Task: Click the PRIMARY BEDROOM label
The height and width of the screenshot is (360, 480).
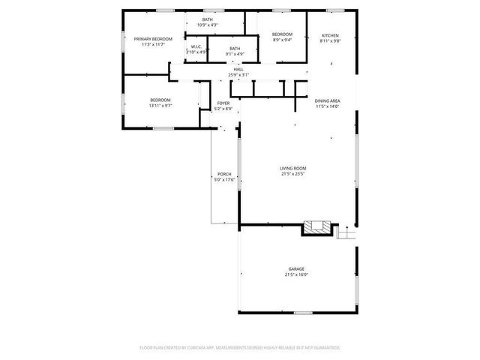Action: click(153, 39)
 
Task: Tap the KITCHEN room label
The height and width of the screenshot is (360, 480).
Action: click(330, 35)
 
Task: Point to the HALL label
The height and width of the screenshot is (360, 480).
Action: click(238, 70)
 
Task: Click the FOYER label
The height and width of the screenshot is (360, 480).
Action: click(223, 103)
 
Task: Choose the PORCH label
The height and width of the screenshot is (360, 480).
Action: click(224, 175)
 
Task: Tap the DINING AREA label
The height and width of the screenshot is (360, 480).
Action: click(328, 100)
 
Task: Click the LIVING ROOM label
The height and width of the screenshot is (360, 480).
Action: click(293, 168)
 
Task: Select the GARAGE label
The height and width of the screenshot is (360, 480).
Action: click(296, 268)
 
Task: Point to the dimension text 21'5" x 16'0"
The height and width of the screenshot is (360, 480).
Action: click(296, 274)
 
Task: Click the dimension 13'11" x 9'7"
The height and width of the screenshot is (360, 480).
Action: click(160, 106)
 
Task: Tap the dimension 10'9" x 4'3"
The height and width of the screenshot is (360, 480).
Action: click(208, 25)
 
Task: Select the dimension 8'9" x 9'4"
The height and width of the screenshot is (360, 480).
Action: click(282, 40)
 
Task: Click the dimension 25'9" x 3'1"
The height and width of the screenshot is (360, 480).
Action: click(238, 75)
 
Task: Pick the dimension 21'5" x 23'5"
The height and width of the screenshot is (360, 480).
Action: click(293, 174)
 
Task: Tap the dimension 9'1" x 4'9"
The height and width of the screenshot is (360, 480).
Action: click(235, 54)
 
